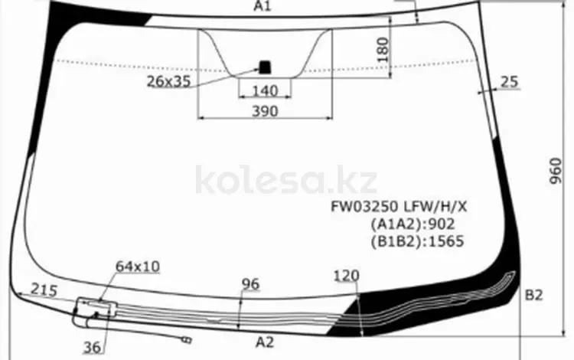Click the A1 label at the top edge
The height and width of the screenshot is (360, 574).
coord(263,6)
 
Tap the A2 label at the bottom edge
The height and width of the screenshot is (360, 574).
coord(265,342)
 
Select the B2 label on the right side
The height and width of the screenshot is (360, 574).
coord(533,295)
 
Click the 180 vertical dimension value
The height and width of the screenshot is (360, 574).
coord(382,50)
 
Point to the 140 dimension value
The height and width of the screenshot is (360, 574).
coord(265,91)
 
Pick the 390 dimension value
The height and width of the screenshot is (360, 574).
coord(265,111)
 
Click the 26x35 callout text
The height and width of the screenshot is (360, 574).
coord(169,81)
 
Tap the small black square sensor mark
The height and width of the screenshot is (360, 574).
coord(265,67)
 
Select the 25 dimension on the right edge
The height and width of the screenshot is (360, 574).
coord(510,82)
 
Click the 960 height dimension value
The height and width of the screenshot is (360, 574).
coord(556,171)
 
